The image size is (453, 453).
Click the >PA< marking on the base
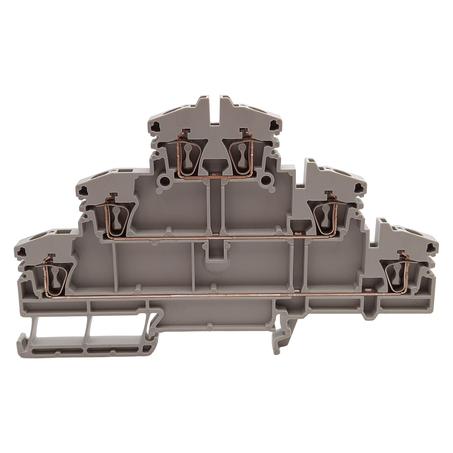(178, 311)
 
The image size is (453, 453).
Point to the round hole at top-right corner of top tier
(274, 123)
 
